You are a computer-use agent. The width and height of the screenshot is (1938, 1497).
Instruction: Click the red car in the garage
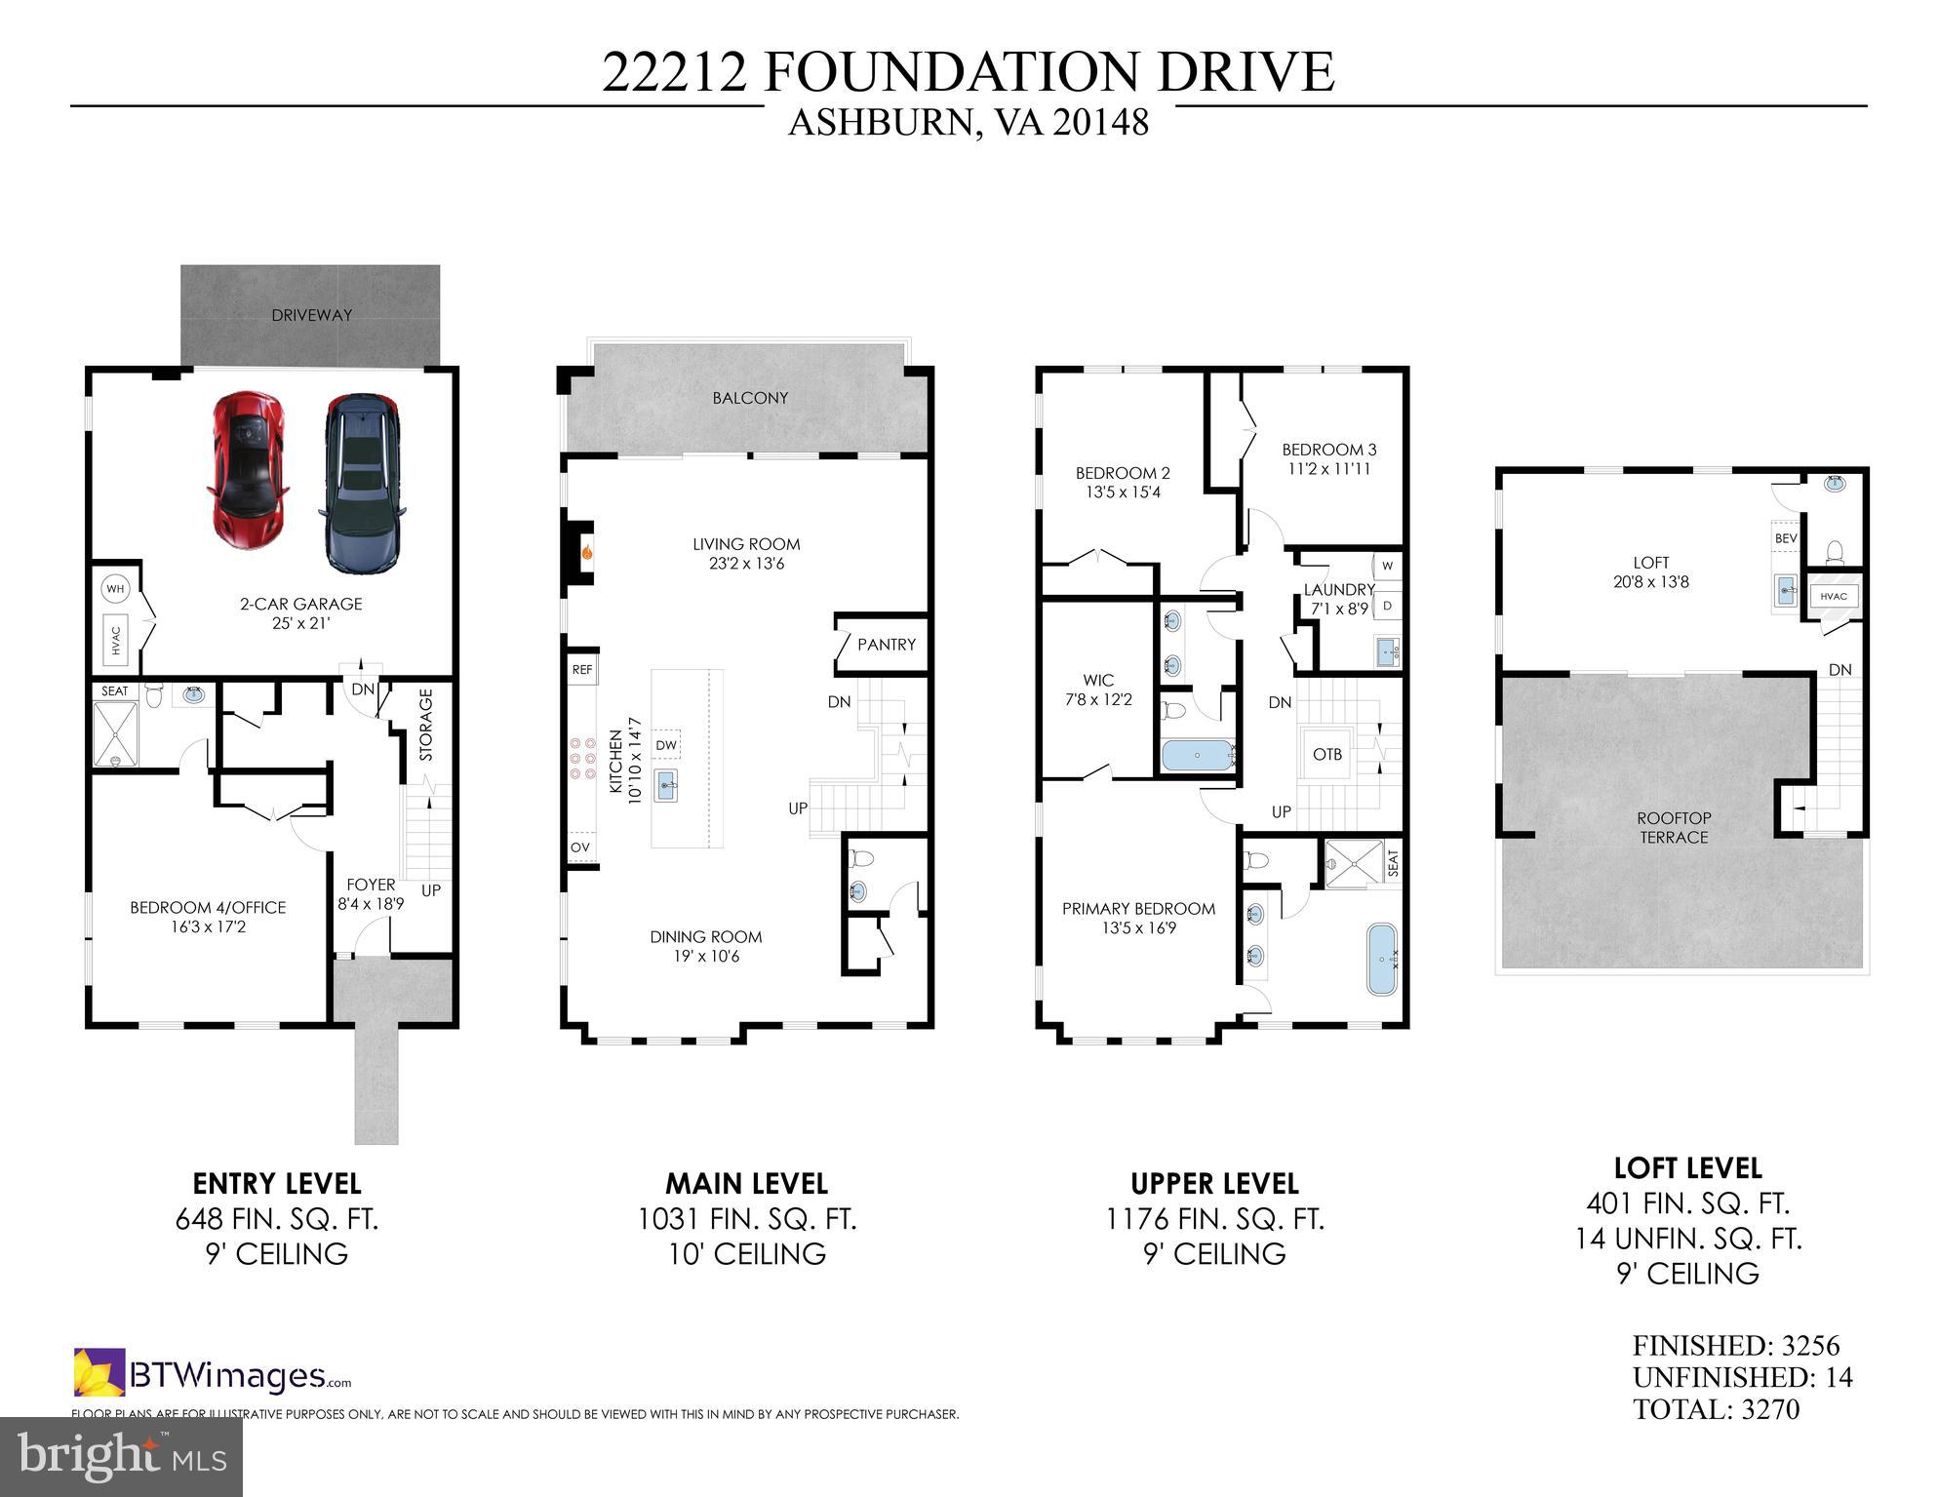[249, 470]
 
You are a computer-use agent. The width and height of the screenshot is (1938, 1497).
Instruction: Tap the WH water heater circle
[115, 589]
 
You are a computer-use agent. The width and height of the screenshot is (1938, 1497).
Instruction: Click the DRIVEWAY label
[311, 315]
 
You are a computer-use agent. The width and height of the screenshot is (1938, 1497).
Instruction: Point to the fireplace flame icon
[587, 553]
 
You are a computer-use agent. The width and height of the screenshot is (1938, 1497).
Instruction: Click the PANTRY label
[886, 645]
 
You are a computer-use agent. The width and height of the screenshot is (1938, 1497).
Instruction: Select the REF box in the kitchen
[582, 670]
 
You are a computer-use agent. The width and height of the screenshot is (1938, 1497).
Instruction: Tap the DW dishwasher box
[666, 745]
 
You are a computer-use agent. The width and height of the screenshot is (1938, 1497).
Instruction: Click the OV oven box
[580, 847]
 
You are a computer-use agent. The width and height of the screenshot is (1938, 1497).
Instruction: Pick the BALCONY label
[749, 398]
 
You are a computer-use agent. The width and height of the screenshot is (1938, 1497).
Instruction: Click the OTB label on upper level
[1326, 754]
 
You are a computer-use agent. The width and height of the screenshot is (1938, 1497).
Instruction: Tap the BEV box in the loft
[1786, 538]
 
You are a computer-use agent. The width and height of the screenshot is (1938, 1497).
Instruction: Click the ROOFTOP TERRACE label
[1674, 828]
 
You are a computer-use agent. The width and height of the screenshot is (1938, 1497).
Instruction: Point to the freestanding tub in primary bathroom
[1381, 958]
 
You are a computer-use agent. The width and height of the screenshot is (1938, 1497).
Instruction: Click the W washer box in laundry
[1387, 566]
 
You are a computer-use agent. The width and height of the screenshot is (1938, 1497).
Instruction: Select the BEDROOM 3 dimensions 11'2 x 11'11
[1328, 469]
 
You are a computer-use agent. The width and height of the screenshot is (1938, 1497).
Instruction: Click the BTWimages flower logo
[99, 1372]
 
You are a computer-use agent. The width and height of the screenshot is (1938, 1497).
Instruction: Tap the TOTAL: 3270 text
[1716, 1409]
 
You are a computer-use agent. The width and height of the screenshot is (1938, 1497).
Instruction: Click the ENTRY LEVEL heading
[277, 1184]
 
